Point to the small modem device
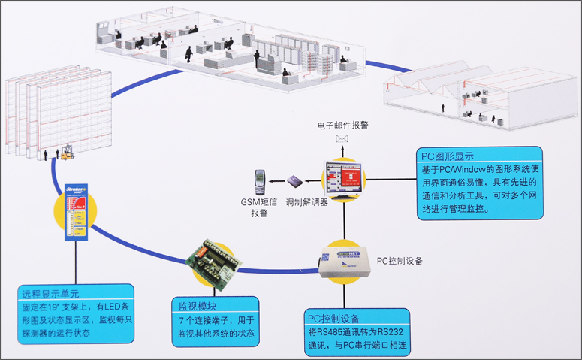(294, 181)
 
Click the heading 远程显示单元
(50, 294)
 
